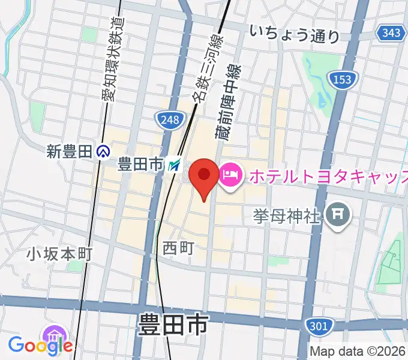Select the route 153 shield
tap(343, 79)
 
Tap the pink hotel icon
tap(230, 175)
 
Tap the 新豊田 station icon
tap(103, 152)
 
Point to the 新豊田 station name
tap(70, 152)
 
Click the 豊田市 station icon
tap(175, 164)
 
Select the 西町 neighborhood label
tap(178, 246)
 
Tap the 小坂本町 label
tap(59, 254)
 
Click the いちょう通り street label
tap(295, 34)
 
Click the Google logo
tap(40, 345)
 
